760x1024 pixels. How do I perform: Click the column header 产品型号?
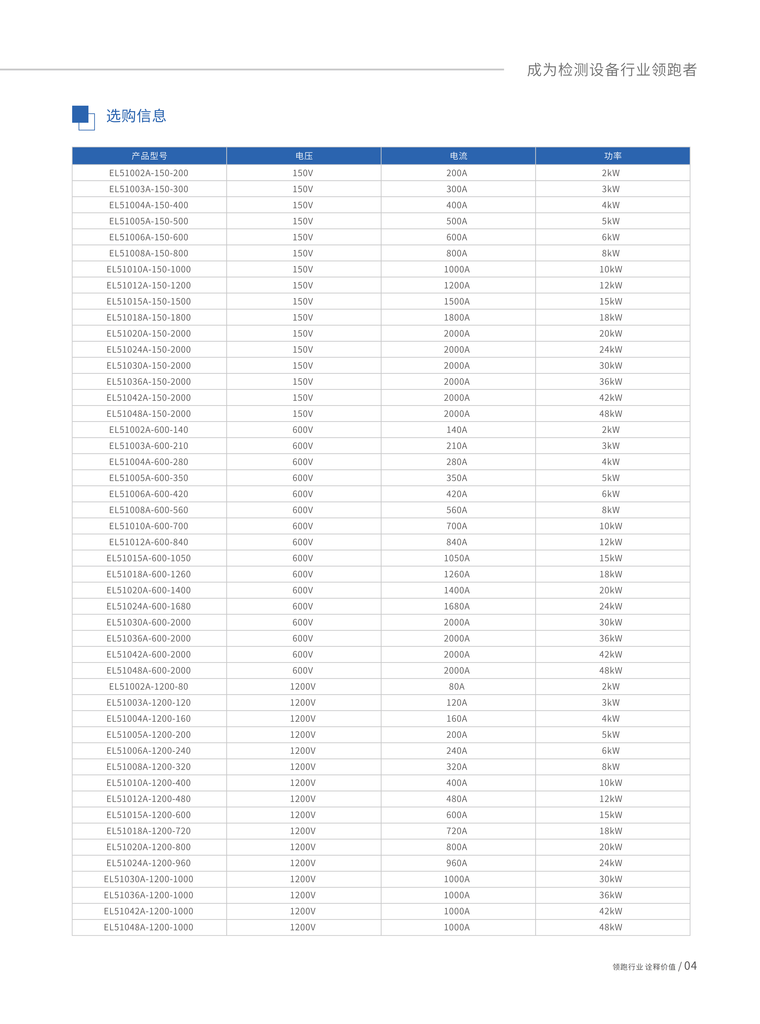pyautogui.click(x=149, y=156)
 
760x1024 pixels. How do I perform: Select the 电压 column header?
pyautogui.click(x=304, y=156)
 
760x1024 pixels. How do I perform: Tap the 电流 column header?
pyautogui.click(x=458, y=156)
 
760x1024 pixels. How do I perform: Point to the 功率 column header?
pyautogui.click(x=612, y=156)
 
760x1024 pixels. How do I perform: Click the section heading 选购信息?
pyautogui.click(x=136, y=116)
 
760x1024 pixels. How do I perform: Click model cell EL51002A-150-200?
pyautogui.click(x=149, y=173)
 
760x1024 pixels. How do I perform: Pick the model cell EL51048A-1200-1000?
pyautogui.click(x=149, y=927)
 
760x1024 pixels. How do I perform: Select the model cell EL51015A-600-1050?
pyautogui.click(x=149, y=558)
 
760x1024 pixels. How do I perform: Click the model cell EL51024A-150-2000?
pyautogui.click(x=149, y=350)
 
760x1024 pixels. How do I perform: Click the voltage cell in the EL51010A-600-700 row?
pyautogui.click(x=303, y=526)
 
